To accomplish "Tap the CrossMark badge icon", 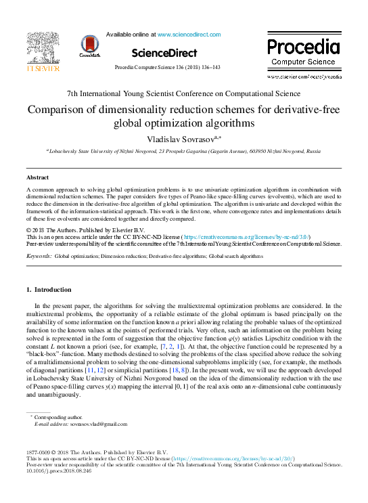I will point(89,46).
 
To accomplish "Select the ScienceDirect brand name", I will point(164,53).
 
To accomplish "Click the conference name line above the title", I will point(183,93).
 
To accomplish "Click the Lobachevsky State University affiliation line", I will point(183,152).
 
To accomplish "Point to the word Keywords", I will point(39,257).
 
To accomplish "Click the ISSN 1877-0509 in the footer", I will point(39,452).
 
